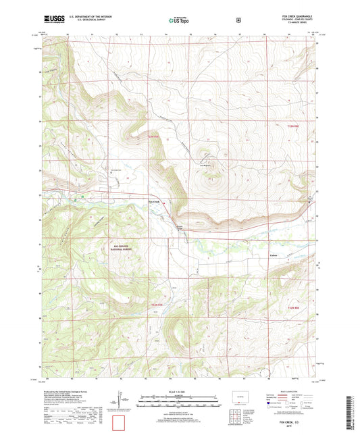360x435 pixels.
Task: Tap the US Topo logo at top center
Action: coord(178,21)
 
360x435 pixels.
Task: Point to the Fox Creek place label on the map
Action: coord(153,201)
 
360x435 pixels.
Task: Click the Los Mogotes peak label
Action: coord(205,163)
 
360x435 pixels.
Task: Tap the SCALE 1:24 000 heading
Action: coord(179,392)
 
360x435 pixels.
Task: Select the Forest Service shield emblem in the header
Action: coord(237,20)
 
